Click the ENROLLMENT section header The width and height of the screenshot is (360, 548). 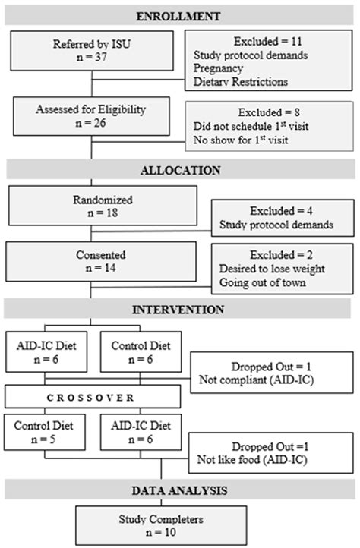coord(179,15)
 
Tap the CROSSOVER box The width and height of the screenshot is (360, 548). coord(93,397)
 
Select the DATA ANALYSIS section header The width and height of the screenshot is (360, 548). coord(179,490)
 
